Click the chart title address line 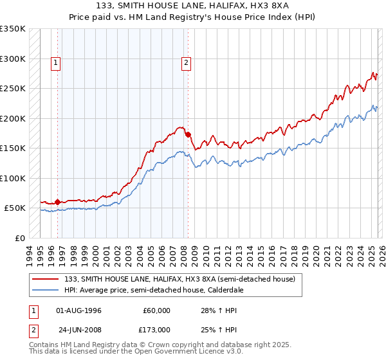tap(192, 6)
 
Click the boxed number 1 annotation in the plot tap(57, 63)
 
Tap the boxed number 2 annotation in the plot tap(186, 63)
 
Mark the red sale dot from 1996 tap(58, 202)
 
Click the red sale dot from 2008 tap(188, 134)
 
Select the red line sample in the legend tap(47, 279)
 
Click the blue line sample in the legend tap(47, 291)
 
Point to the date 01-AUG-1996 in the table tap(78, 310)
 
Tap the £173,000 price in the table tap(157, 329)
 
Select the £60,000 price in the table tap(157, 310)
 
